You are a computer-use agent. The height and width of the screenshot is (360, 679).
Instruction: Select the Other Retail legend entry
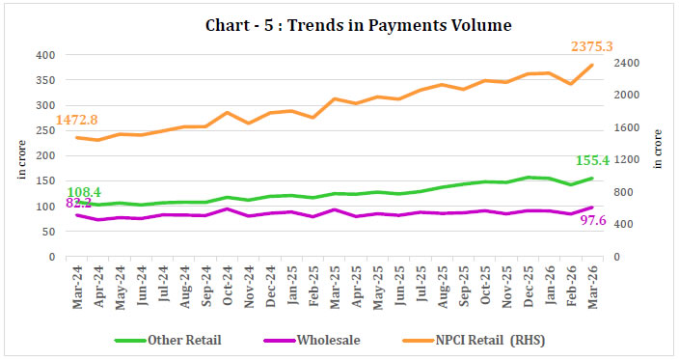tap(183, 340)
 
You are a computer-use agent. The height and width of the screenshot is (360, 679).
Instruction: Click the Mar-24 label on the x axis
tap(77, 282)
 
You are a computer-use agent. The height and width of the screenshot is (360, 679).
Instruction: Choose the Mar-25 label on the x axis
tap(335, 282)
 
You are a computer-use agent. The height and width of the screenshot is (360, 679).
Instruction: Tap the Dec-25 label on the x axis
tap(528, 282)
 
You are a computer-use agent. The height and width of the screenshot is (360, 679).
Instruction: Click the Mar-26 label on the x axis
tap(592, 282)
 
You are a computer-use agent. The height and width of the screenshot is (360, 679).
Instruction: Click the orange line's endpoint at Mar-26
tap(592, 65)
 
